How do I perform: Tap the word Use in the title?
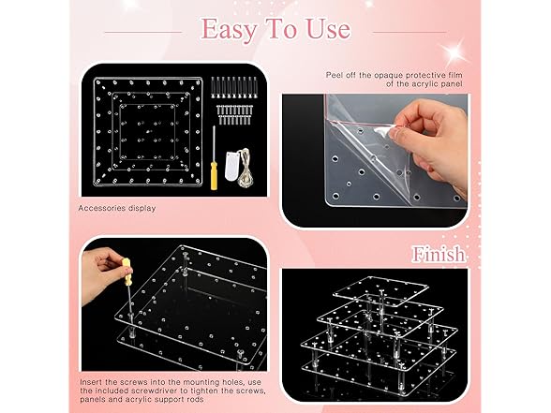pos(328,28)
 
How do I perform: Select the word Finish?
pos(439,254)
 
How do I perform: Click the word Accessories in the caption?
pos(101,208)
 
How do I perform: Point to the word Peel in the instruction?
pos(334,75)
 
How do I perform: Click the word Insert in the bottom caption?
pos(92,382)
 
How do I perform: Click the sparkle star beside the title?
pos(454,52)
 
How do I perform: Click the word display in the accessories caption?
pos(141,208)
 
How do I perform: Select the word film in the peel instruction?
pos(455,75)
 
